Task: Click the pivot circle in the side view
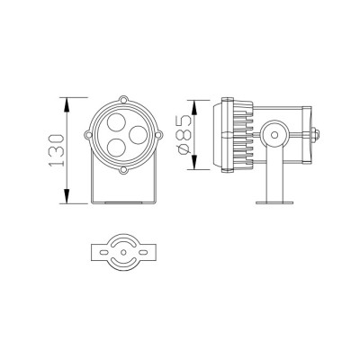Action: coord(273,136)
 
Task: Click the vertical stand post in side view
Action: coord(273,175)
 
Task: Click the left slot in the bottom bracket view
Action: coord(103,255)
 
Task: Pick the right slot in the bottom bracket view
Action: coord(144,255)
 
